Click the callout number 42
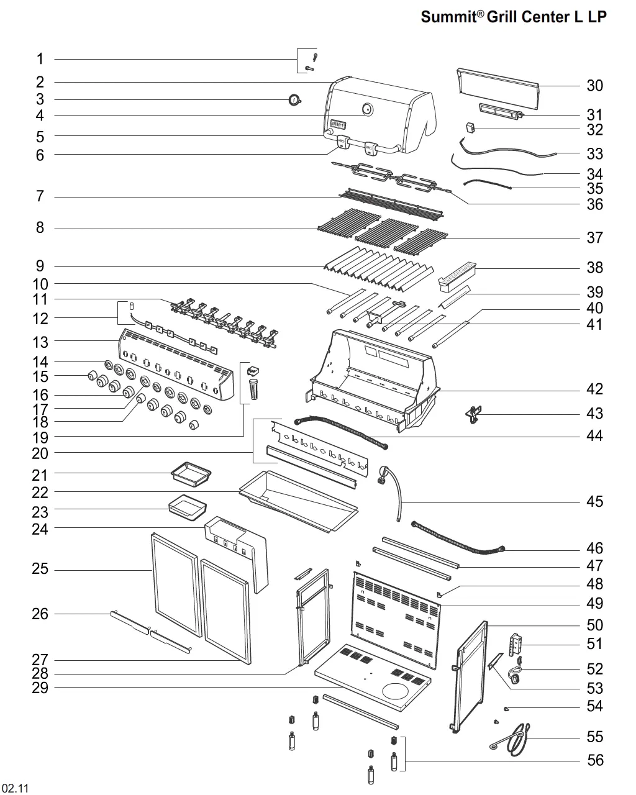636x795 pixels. coord(594,389)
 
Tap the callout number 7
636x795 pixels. coord(40,196)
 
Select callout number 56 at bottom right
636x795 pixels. coord(595,760)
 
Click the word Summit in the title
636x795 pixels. coord(448,17)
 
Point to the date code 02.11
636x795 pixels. coord(15,788)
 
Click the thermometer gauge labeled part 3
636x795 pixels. coord(294,100)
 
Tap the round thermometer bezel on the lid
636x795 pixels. coord(367,109)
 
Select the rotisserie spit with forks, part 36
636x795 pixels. coord(392,178)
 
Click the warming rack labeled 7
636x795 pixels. coord(391,204)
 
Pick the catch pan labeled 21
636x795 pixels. coord(191,474)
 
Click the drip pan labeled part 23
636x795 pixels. coord(188,507)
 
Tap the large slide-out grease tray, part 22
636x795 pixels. coord(299,501)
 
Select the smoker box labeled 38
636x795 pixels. coord(457,277)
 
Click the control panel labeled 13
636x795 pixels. coord(176,364)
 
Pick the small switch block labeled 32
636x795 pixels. coord(470,128)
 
